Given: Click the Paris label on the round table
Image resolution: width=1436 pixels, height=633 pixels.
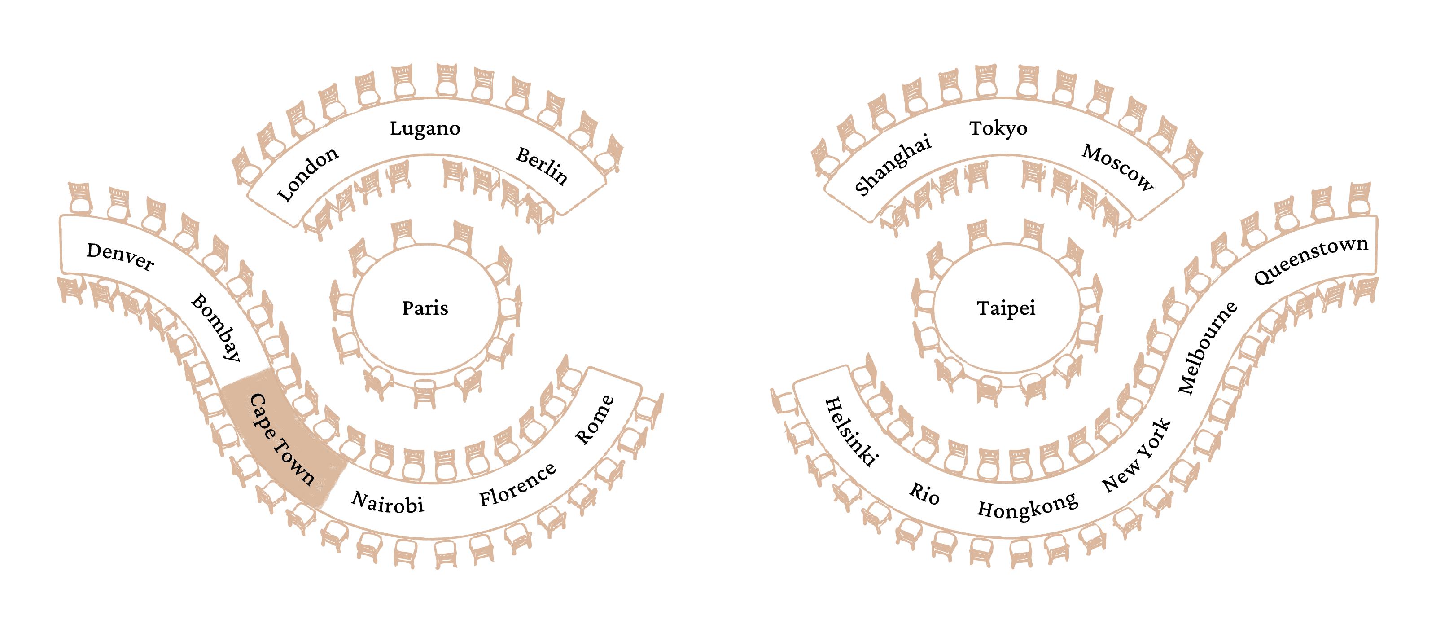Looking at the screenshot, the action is pyautogui.click(x=425, y=308).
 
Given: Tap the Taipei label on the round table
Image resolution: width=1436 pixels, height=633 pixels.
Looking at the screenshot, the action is pyautogui.click(x=1006, y=308).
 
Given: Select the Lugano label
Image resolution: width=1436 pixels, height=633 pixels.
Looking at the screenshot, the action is pyautogui.click(x=425, y=129).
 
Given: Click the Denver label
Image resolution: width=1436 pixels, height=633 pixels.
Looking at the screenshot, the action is pyautogui.click(x=120, y=256).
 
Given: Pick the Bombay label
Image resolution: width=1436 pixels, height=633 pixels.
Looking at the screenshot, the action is pyautogui.click(x=216, y=327).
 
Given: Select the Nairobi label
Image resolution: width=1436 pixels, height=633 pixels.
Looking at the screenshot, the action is pyautogui.click(x=387, y=502).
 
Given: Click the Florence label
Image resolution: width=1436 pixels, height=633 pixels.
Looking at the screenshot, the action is pyautogui.click(x=517, y=484).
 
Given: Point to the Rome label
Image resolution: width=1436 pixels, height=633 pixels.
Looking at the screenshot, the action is pyautogui.click(x=595, y=420).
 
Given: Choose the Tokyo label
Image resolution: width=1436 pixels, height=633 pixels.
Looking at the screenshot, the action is pyautogui.click(x=998, y=129).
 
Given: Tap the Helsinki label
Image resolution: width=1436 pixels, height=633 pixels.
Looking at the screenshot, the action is pyautogui.click(x=851, y=431).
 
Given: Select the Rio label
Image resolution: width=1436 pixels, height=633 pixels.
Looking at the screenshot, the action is pyautogui.click(x=924, y=493).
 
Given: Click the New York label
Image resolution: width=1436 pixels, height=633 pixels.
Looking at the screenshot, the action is pyautogui.click(x=1137, y=456).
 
